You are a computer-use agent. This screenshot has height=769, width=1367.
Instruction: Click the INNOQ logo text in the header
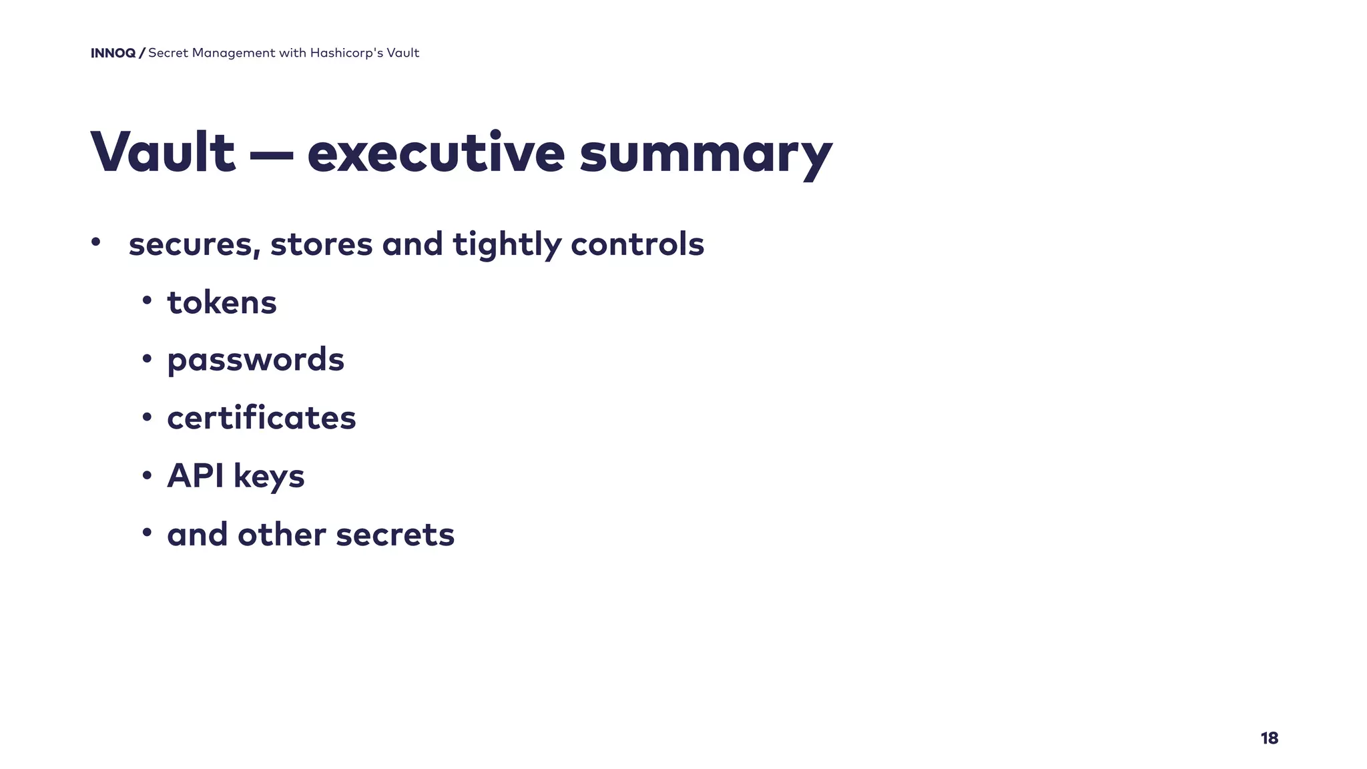113,53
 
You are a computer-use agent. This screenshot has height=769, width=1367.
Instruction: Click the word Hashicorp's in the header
346,53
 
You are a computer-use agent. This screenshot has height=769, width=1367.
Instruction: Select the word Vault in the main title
163,153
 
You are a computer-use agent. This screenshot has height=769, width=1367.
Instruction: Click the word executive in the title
436,153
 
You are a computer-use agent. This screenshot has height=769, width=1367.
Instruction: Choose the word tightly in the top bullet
507,244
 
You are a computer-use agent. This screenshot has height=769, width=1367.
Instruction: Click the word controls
637,244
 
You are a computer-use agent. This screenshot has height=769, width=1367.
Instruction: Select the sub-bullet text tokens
222,303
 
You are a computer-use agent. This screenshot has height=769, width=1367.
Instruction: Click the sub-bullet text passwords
256,360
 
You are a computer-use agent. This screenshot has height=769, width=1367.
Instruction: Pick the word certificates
262,419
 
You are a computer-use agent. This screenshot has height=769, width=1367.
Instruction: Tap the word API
195,476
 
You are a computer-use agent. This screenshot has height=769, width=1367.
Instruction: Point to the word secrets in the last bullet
395,535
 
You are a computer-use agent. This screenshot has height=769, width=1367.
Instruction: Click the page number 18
1269,738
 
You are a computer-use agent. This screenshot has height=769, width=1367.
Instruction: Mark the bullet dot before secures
96,242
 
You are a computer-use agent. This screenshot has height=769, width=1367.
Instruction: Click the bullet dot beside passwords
147,359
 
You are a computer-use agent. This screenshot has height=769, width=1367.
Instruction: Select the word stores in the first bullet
321,244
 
